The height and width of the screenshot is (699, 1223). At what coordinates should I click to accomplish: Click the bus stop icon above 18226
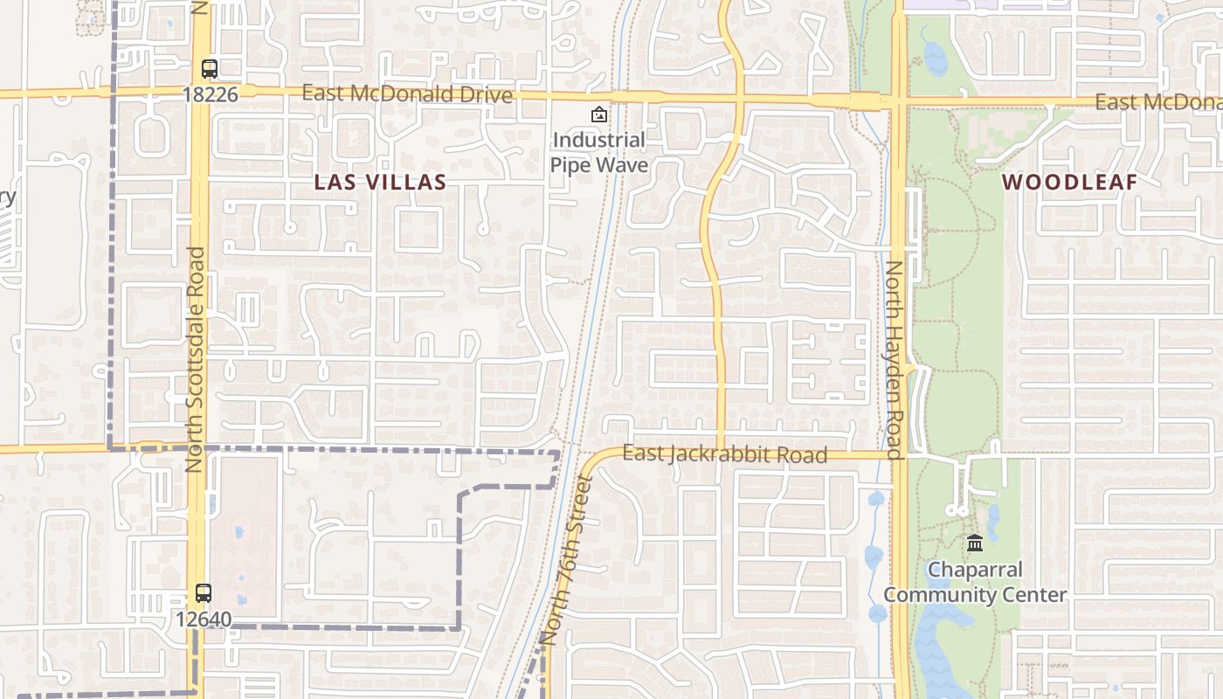[x=210, y=68]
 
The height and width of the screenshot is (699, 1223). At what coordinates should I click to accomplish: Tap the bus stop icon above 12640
[x=204, y=592]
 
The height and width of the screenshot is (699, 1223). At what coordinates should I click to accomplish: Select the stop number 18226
[x=211, y=93]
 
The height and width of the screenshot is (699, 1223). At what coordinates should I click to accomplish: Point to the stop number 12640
[x=204, y=619]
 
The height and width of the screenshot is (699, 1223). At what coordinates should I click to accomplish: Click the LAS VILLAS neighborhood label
[x=380, y=182]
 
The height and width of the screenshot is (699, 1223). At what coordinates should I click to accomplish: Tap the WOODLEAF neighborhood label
[x=1069, y=182]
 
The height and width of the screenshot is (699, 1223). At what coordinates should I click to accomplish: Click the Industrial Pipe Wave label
[x=599, y=152]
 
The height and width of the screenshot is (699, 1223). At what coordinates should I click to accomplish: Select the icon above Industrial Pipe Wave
[x=599, y=114]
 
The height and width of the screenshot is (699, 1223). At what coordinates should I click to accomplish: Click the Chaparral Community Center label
[x=975, y=582]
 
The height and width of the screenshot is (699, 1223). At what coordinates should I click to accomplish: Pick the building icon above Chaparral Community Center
[x=975, y=543]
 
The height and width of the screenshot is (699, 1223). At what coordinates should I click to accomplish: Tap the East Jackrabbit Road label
[x=724, y=454]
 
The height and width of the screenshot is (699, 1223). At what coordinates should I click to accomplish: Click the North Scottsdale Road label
[x=195, y=360]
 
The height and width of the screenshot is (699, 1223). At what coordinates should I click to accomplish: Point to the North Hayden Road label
[x=894, y=360]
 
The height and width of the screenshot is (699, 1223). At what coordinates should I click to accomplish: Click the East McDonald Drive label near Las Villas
[x=407, y=93]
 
